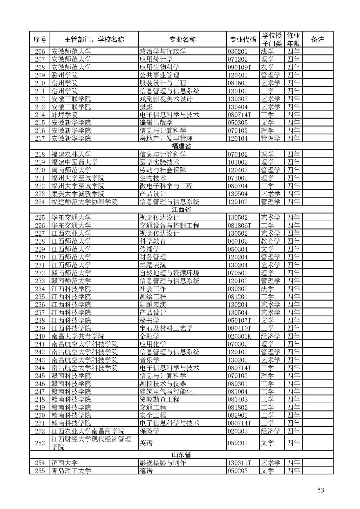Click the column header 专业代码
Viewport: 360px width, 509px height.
(x=243, y=39)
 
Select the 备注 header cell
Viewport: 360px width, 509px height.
(x=317, y=39)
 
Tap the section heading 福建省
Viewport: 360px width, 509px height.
(x=181, y=146)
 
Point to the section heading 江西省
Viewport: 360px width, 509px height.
(x=181, y=209)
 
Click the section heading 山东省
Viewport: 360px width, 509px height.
(x=181, y=455)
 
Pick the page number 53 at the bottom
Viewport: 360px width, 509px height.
(x=320, y=490)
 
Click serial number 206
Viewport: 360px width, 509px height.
(x=40, y=51)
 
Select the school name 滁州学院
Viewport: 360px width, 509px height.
(x=64, y=75)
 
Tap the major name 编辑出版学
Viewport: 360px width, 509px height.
(x=156, y=123)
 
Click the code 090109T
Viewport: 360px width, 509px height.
(x=239, y=67)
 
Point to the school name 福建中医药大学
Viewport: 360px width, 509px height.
(x=74, y=162)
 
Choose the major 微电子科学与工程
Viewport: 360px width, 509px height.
(x=166, y=186)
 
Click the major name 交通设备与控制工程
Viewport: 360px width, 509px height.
(x=169, y=226)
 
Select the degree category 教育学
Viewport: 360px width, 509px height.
(x=270, y=241)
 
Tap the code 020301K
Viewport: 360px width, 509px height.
(x=239, y=336)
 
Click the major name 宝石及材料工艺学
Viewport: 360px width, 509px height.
(x=166, y=328)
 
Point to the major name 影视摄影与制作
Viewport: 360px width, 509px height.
(x=162, y=463)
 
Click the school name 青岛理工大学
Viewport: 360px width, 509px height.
(x=71, y=471)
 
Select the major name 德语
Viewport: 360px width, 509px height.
(x=146, y=471)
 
